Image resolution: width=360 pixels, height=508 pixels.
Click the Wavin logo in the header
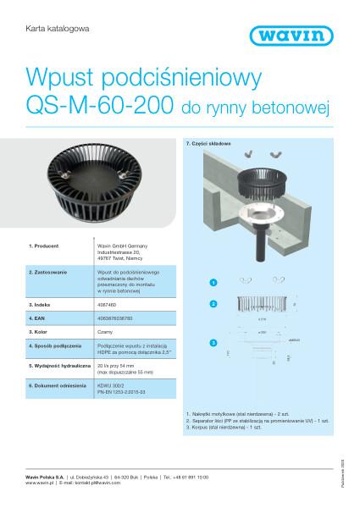tap(309, 35)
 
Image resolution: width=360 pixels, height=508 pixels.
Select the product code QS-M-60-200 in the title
tap(98, 108)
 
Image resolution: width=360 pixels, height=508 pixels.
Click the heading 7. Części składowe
tap(208, 146)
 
